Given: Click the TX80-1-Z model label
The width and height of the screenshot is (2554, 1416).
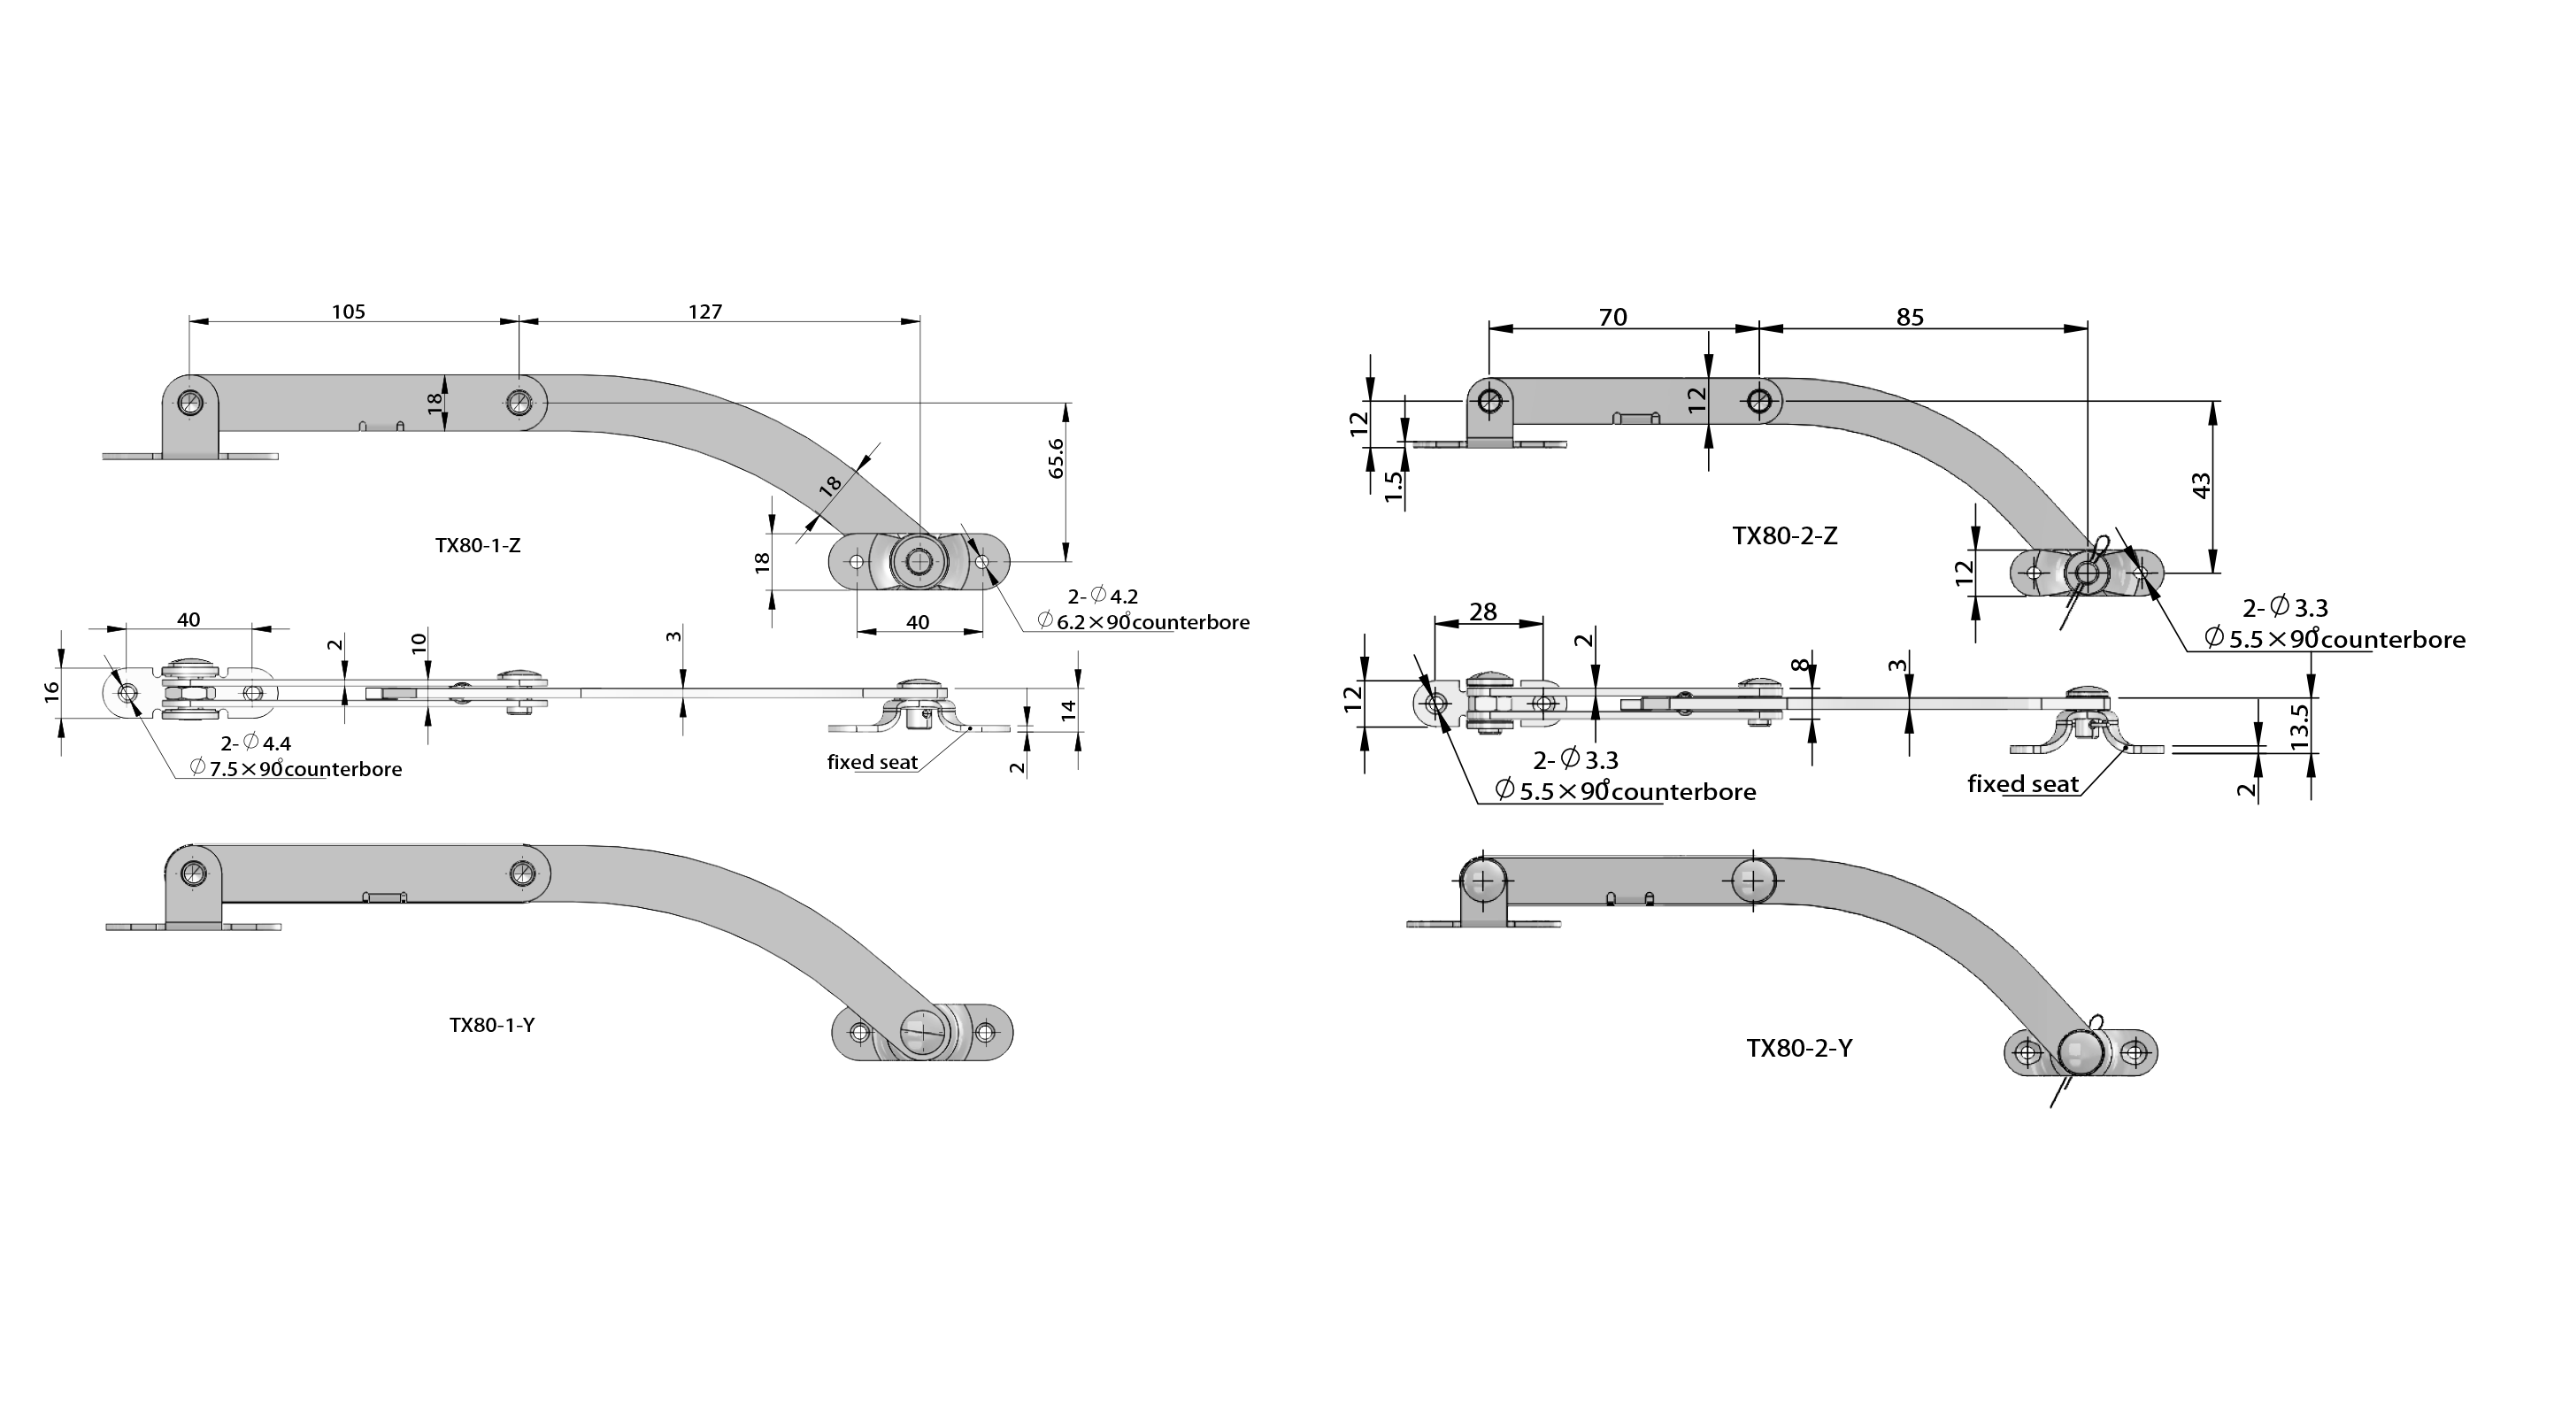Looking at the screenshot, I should pos(478,545).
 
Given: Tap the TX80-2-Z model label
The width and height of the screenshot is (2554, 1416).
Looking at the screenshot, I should pos(1785,536).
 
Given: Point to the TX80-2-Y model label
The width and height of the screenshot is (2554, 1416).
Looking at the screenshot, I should pos(1798,1048).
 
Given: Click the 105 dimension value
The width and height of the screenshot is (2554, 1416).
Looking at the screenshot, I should pos(348,312).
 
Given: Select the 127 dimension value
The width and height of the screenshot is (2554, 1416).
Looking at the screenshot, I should pos(705,312).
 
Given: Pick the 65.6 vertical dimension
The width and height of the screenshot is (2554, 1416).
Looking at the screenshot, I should pos(1056,459).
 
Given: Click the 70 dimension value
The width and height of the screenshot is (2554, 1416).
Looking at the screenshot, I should pos(1613,318).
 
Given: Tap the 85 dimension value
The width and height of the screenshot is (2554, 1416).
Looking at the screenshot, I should pos(1910,318).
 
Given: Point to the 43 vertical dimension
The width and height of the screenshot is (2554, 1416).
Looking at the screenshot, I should pos(2201,486).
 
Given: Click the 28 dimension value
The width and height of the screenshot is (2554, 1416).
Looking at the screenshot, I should pos(1483,612).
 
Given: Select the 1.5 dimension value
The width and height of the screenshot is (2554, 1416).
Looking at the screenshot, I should pos(1394,485).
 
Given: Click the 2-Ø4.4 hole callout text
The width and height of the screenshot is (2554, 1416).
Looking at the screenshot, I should pos(256,743).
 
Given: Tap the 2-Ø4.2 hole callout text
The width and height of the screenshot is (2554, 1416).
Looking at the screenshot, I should pos(1103,596).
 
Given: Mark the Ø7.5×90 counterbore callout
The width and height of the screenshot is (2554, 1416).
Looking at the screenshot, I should pos(296,768).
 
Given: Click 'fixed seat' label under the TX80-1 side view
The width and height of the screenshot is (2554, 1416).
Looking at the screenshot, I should pos(873,763).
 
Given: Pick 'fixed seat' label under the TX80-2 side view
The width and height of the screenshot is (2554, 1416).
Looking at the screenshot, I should pos(2022,784).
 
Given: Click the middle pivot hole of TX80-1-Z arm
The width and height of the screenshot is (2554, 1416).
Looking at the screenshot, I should pos(519,403).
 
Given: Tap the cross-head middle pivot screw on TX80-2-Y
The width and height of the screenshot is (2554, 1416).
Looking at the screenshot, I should pos(1753,881).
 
